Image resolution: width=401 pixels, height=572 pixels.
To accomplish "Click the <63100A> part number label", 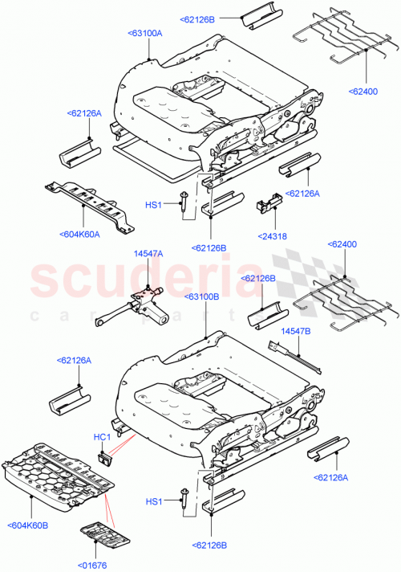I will (x=144, y=33).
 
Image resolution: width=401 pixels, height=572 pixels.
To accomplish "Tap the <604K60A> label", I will (x=79, y=235).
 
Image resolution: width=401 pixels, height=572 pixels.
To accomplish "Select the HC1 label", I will (x=100, y=436).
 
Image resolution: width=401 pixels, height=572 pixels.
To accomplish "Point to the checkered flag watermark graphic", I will (x=301, y=273).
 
